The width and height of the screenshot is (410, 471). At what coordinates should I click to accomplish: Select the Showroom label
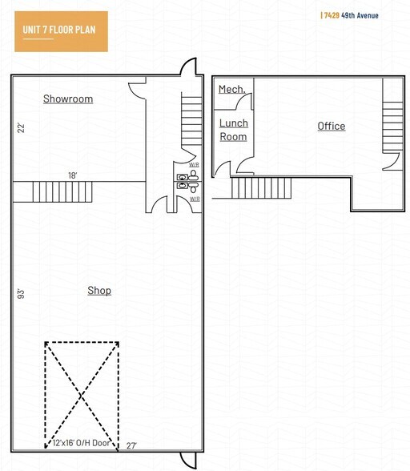tap(68, 99)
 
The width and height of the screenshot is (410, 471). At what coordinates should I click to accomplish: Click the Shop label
tap(99, 291)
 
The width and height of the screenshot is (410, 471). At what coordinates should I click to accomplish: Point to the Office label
tap(331, 127)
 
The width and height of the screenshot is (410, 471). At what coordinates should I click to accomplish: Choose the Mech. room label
tap(232, 90)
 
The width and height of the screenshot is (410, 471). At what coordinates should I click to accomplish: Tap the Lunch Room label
tap(234, 130)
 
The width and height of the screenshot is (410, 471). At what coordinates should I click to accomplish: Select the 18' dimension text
tap(72, 175)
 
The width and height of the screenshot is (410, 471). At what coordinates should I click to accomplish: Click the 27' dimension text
tap(132, 445)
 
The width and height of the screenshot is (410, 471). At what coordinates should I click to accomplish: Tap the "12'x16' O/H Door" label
tap(82, 444)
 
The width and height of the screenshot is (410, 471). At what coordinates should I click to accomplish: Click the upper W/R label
tap(194, 165)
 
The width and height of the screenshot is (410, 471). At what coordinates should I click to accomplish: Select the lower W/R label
tap(194, 198)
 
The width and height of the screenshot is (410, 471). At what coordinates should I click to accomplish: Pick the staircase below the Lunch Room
tap(261, 188)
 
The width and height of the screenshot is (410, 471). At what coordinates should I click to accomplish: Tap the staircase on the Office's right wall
tap(392, 119)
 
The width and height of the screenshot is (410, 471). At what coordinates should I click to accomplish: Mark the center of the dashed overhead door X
tap(82, 394)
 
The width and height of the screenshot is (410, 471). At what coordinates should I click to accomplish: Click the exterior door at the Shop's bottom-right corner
tap(188, 460)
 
